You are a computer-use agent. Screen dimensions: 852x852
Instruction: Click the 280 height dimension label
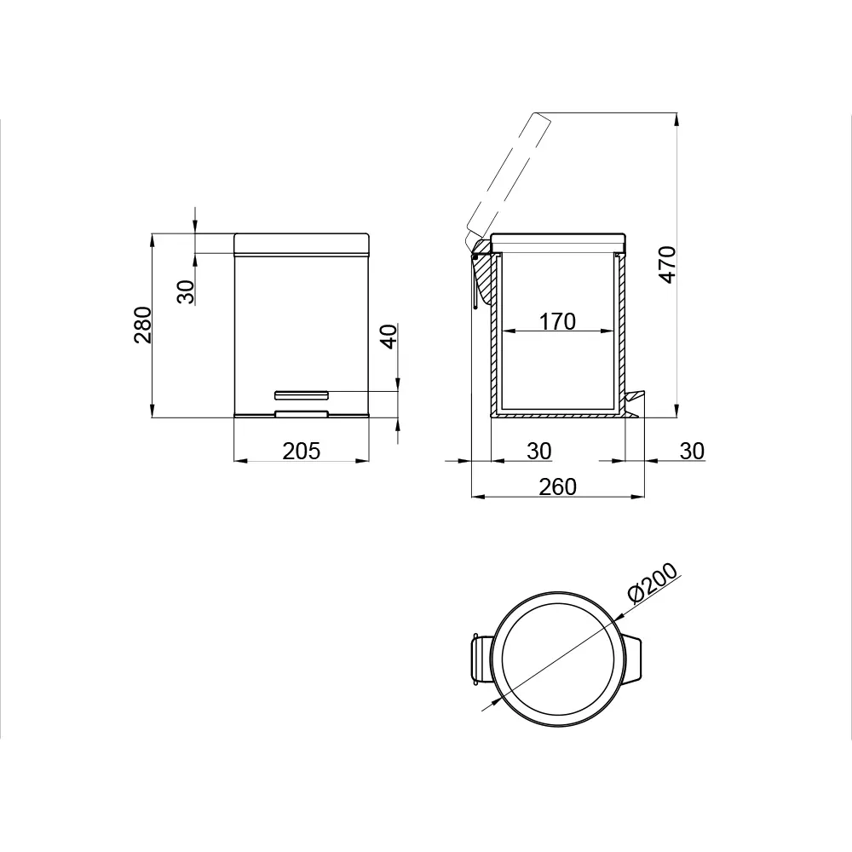[143, 325]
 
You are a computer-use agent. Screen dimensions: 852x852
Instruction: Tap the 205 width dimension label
[302, 451]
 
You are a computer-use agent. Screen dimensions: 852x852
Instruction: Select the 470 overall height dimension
[667, 265]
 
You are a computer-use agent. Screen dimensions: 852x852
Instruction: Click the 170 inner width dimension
[557, 321]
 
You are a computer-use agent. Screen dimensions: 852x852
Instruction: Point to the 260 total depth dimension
[557, 486]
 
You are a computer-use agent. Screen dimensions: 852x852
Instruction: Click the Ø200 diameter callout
[653, 583]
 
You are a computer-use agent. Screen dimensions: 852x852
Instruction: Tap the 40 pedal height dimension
[389, 337]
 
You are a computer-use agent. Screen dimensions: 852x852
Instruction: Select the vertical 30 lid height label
[187, 291]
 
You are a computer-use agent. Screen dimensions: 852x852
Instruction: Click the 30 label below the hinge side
[539, 451]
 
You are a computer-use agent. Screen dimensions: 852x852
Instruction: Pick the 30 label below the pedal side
[692, 451]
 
